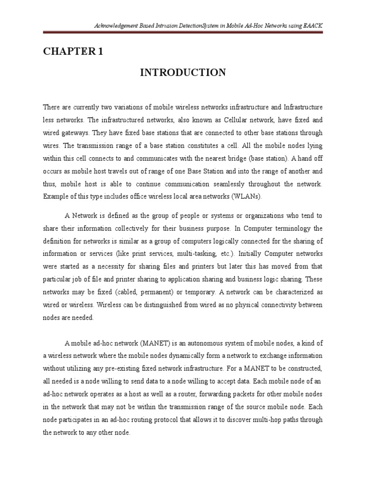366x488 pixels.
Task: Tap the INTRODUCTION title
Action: (183, 72)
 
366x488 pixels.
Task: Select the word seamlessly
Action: (246, 183)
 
